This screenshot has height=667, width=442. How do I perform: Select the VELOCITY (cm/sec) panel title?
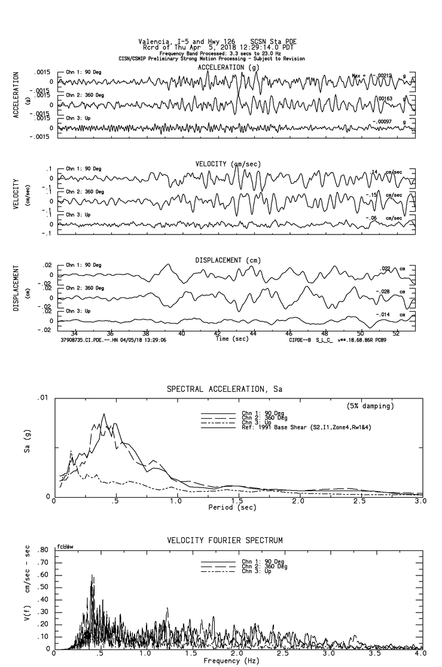tap(228, 164)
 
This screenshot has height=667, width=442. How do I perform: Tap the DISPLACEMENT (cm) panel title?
tap(228, 260)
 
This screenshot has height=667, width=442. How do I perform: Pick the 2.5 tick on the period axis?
tap(359, 501)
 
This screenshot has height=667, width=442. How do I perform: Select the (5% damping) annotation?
tap(370, 406)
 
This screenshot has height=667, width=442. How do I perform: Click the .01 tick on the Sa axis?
tap(42, 398)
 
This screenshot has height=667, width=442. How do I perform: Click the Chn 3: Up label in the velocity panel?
tap(78, 214)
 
